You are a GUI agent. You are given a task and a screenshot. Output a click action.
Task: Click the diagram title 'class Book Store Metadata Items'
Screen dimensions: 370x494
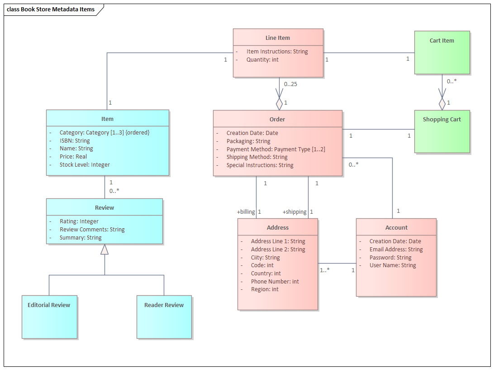[x=51, y=10]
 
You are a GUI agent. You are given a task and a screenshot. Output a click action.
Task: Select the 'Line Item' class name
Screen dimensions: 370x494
[x=278, y=38]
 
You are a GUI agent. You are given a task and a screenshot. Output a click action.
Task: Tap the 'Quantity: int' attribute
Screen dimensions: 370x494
[x=262, y=60]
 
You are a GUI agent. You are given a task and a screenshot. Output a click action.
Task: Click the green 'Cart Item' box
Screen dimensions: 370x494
[x=442, y=53]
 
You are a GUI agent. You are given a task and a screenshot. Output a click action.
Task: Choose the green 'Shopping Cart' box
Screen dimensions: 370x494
[x=442, y=131]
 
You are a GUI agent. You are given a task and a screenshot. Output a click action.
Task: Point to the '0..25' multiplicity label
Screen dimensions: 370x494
[x=290, y=84]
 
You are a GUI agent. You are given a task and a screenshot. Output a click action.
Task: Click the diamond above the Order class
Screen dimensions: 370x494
[x=279, y=103]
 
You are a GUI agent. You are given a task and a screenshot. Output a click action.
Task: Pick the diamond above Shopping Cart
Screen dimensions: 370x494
[x=442, y=103]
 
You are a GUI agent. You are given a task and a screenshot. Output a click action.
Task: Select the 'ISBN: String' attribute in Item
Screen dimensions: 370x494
[x=75, y=141]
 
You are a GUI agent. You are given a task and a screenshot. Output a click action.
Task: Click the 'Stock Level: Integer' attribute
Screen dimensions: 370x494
[x=85, y=165]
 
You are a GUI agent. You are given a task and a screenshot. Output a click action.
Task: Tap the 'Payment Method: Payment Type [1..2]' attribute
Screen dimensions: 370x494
[x=275, y=149]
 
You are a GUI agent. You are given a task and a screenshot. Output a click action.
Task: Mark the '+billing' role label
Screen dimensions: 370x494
[x=246, y=212]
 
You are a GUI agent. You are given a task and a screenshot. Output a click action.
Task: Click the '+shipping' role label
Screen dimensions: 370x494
[x=294, y=212]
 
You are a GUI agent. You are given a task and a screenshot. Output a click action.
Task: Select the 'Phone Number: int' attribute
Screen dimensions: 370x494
[x=275, y=282]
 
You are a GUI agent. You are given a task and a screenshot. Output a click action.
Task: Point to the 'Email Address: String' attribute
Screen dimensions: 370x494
[x=396, y=250]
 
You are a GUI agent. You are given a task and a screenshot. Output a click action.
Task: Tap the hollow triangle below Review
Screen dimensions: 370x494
[x=104, y=250]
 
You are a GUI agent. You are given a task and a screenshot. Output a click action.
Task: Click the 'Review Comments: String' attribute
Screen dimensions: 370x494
[x=92, y=230]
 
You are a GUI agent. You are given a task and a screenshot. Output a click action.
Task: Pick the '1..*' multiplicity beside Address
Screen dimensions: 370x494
[x=325, y=270]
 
